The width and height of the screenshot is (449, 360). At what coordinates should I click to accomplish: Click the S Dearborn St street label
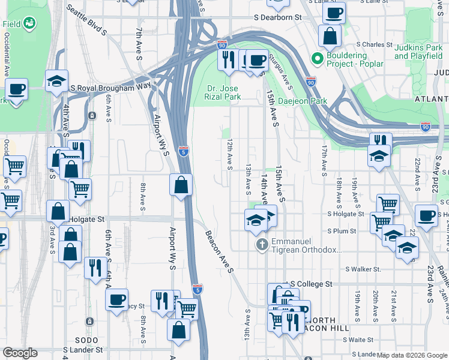[x=277, y=18]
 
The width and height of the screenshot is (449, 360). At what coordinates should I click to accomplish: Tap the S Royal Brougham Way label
[x=110, y=87]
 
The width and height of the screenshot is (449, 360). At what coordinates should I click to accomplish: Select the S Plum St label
[x=342, y=231]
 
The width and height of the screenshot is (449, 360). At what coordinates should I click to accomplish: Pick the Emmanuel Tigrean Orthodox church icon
[x=262, y=244]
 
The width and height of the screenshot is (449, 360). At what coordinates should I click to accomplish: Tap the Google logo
[x=20, y=353]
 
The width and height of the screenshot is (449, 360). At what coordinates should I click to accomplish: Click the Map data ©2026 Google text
[x=411, y=355]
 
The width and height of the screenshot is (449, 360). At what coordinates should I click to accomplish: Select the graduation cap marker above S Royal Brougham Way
[x=56, y=80]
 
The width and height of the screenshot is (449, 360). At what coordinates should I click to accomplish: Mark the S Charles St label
[x=373, y=44]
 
